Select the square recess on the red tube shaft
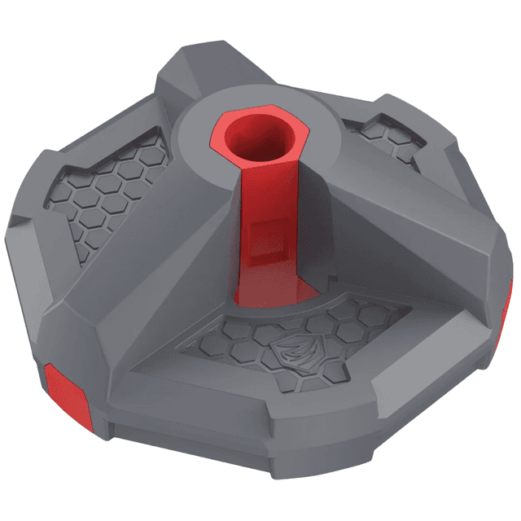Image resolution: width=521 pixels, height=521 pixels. point(266,236)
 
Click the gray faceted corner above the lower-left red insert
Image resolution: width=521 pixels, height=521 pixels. point(49,326)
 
